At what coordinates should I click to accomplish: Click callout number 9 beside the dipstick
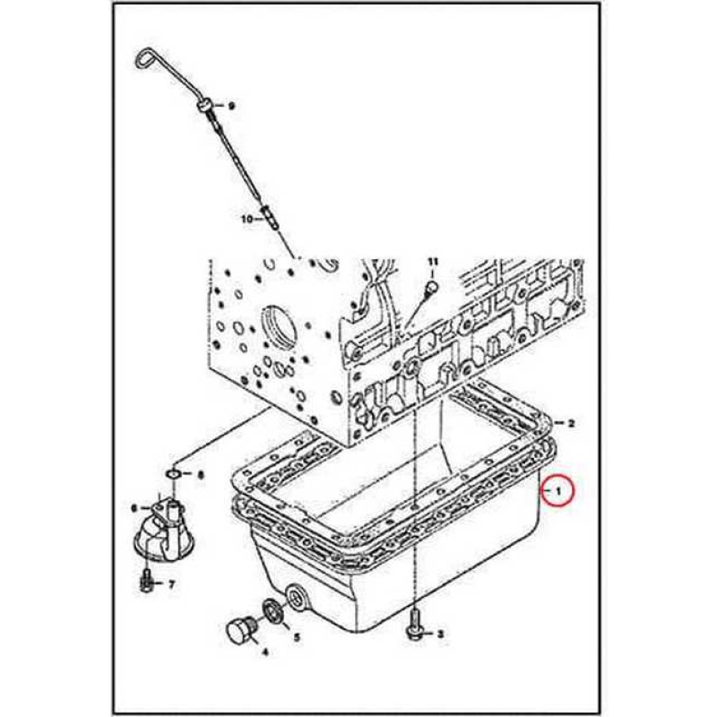(230, 106)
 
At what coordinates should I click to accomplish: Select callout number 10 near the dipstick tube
(246, 218)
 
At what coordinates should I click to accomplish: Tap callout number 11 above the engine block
(432, 261)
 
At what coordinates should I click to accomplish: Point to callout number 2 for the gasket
(571, 422)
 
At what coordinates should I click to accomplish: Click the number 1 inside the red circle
(558, 491)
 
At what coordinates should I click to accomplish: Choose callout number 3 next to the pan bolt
(440, 634)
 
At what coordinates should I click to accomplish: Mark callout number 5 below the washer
(298, 638)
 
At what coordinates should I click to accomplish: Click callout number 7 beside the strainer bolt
(171, 585)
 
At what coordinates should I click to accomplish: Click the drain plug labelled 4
(238, 631)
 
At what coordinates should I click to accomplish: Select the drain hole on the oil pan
(295, 596)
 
